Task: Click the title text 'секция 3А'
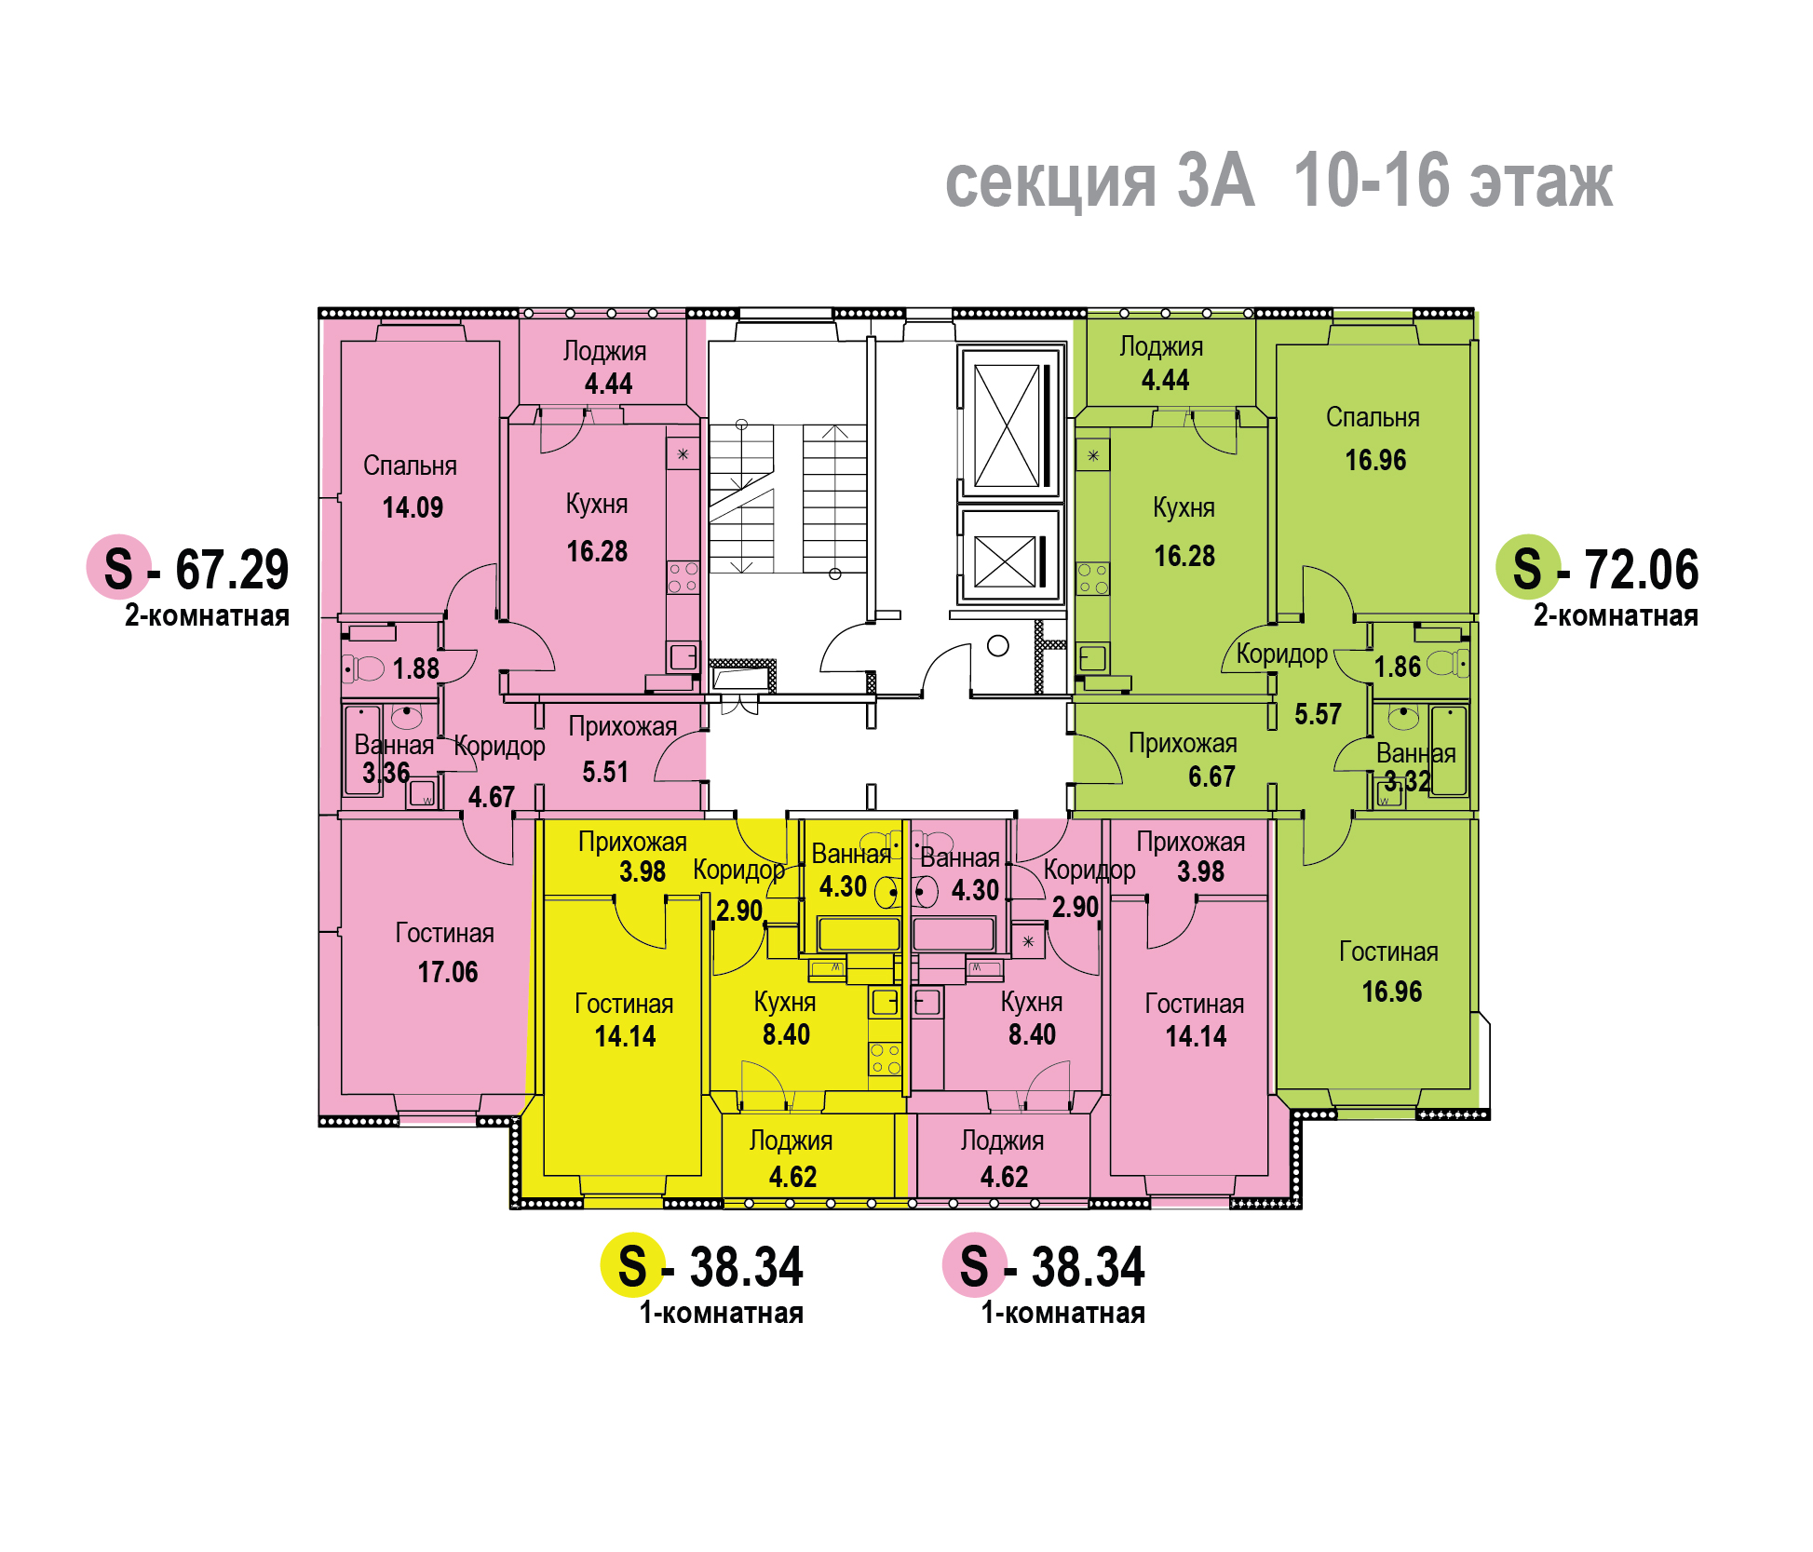click(1100, 181)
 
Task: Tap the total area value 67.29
click(232, 570)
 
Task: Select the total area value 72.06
click(1642, 570)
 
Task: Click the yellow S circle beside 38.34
click(632, 1265)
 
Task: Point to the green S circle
click(1527, 567)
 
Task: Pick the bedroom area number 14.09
click(413, 507)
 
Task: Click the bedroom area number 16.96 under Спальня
click(1375, 460)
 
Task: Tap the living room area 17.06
click(447, 972)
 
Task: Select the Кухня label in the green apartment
click(1184, 507)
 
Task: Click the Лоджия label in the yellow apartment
click(791, 1141)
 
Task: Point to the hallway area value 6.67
click(1211, 776)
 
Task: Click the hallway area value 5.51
click(605, 772)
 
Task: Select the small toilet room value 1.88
click(415, 668)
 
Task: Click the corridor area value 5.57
click(1318, 714)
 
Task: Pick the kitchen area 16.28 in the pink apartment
click(597, 551)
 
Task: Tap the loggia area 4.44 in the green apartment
click(1165, 380)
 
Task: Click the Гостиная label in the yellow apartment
click(624, 1004)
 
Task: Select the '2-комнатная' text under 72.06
click(1616, 615)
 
